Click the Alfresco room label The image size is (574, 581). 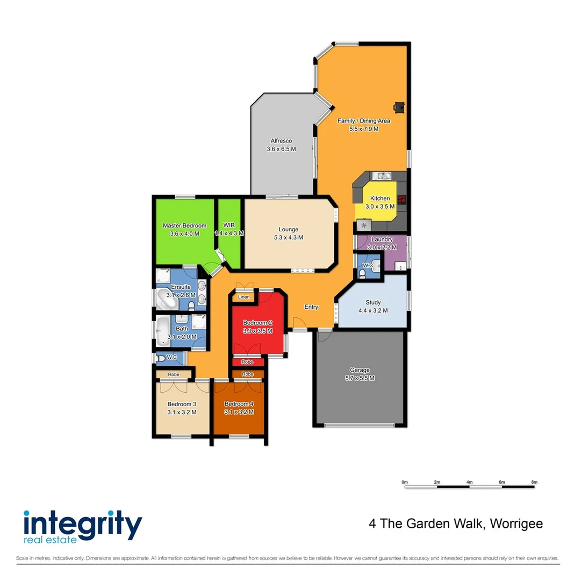(x=281, y=140)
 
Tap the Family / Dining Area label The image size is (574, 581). (x=363, y=121)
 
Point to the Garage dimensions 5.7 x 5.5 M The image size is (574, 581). (x=360, y=378)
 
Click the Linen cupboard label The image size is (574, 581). (x=243, y=297)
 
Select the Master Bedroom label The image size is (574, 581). (x=184, y=225)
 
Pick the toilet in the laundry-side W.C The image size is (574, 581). (x=363, y=273)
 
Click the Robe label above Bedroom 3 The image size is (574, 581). (x=173, y=374)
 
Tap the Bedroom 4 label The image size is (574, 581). (x=238, y=404)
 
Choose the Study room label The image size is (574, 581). (x=372, y=302)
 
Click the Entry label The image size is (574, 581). (x=311, y=307)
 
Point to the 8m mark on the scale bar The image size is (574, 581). (x=534, y=482)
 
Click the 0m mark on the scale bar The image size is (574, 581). (x=405, y=482)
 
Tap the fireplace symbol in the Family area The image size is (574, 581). (x=398, y=108)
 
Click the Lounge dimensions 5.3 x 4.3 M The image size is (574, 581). (x=288, y=237)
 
